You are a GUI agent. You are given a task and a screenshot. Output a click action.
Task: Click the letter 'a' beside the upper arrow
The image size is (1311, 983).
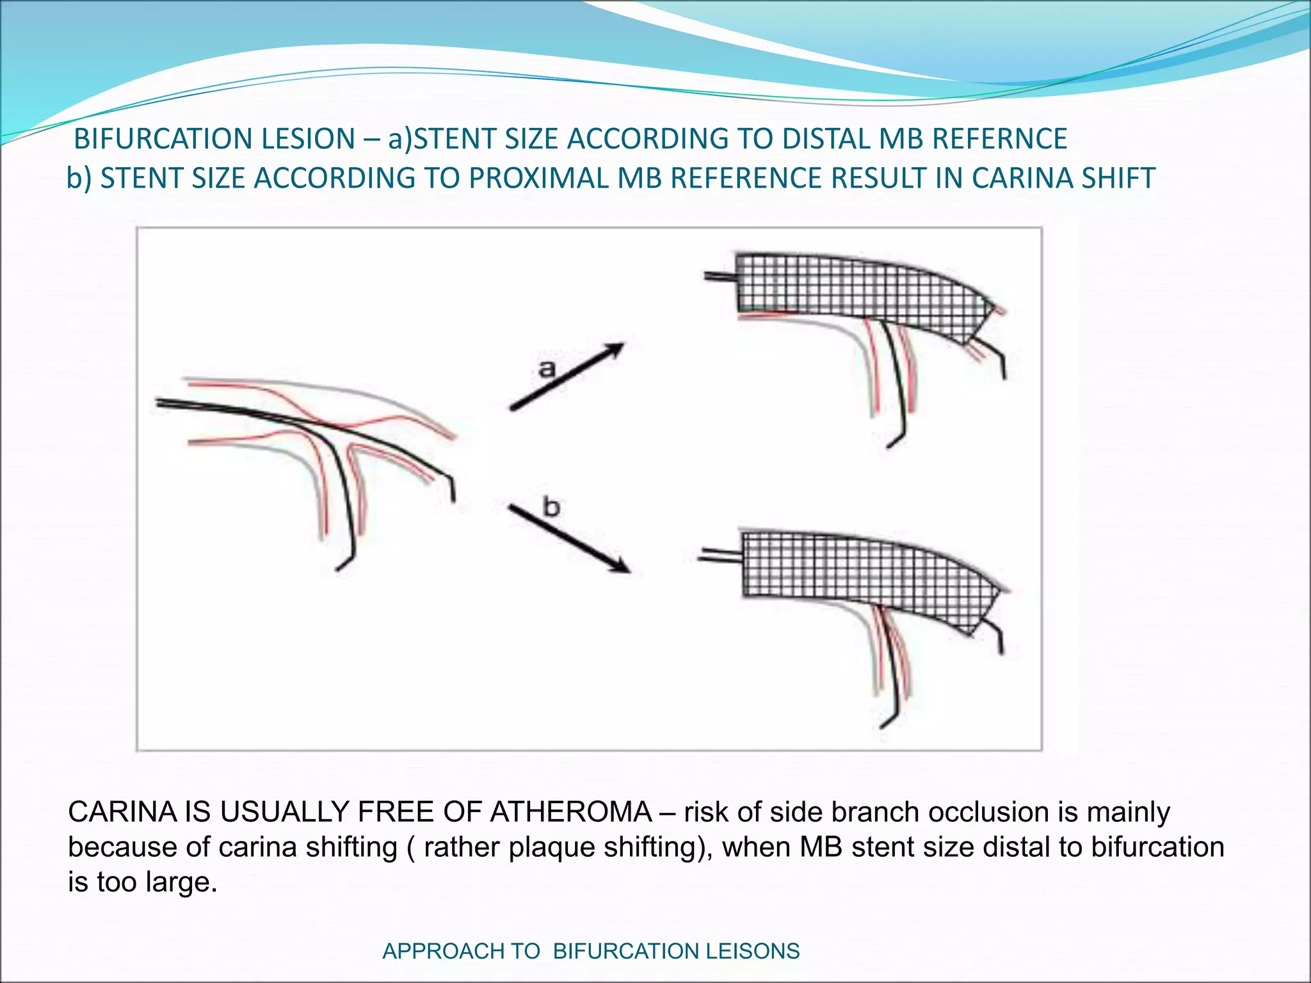tap(546, 369)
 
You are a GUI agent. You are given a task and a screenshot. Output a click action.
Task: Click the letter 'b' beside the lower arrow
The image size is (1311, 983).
tap(551, 507)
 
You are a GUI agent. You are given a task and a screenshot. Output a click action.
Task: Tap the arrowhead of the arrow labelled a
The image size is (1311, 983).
tap(615, 349)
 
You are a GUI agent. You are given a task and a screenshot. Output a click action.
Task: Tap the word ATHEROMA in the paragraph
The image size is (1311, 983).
tap(571, 812)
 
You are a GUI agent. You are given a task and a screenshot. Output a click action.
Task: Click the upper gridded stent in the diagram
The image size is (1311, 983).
tap(851, 288)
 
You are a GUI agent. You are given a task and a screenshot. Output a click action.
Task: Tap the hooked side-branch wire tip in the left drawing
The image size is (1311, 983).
tap(344, 563)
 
